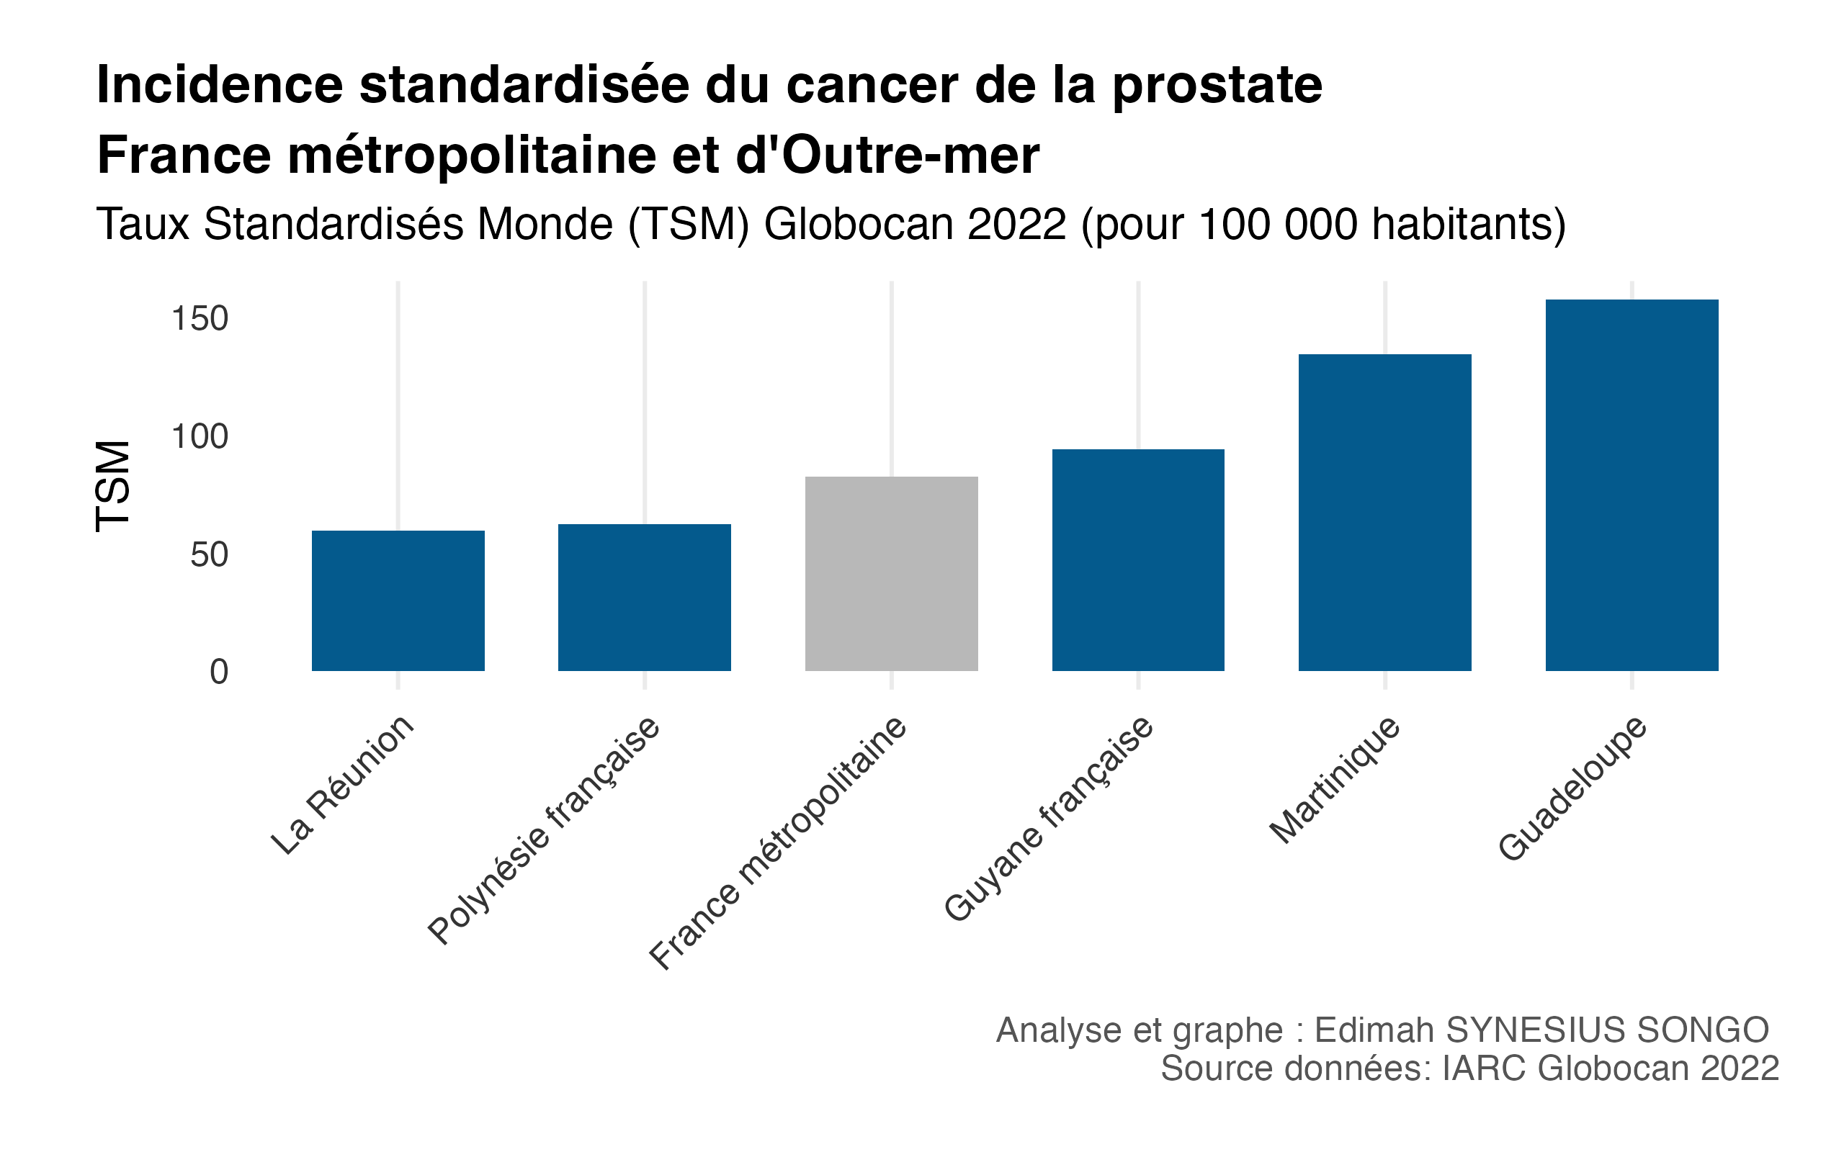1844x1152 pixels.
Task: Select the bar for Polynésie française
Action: (x=645, y=598)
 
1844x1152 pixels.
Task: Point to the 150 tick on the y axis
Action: (x=200, y=318)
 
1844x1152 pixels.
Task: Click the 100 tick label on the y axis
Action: (x=200, y=436)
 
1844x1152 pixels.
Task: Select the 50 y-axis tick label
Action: (x=209, y=554)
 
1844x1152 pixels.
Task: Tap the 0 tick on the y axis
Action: (x=219, y=672)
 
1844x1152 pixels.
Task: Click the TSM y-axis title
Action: (x=114, y=485)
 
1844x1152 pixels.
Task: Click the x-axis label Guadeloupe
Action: (x=1573, y=788)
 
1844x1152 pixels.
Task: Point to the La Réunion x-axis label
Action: (x=343, y=785)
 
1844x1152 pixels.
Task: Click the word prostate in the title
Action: (x=1217, y=86)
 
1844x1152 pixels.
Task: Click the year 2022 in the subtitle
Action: (x=1016, y=225)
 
